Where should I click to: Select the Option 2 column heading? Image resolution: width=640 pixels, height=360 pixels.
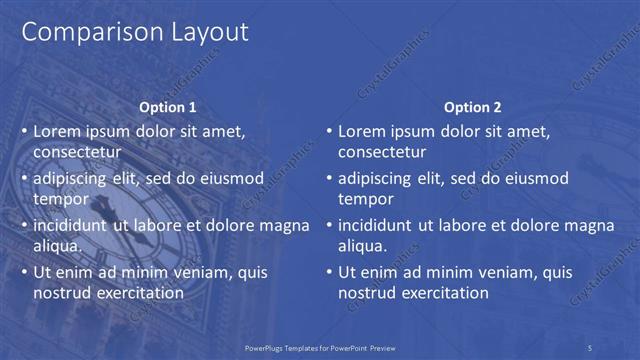pos(472,107)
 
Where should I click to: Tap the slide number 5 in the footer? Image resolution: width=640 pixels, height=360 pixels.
pos(590,347)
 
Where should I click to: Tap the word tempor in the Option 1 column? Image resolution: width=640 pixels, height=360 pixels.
pos(59,199)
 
